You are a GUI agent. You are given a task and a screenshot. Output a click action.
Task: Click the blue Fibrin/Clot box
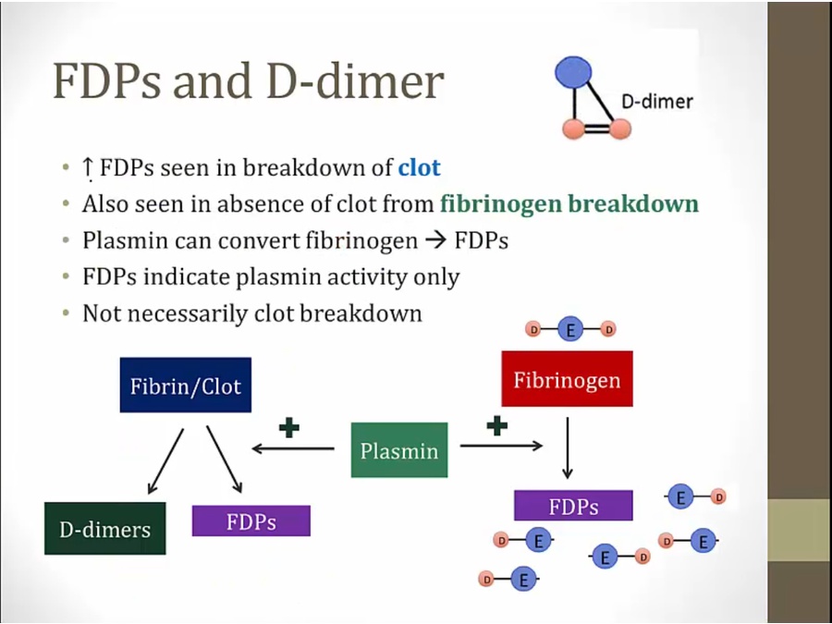point(185,385)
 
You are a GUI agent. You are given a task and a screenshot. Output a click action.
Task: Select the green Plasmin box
point(399,450)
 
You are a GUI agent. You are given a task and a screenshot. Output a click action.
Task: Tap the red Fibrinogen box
point(567,379)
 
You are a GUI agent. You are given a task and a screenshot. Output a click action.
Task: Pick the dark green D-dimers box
point(104,529)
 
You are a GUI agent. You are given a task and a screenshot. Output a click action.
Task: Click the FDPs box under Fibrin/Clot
point(251,520)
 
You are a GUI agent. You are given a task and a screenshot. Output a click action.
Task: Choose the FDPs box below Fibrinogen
point(573,506)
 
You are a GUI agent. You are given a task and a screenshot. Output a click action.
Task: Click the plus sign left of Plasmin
point(289,428)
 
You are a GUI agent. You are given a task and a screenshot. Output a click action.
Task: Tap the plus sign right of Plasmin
point(497,424)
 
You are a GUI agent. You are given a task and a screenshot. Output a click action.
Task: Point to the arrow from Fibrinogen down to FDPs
point(568,448)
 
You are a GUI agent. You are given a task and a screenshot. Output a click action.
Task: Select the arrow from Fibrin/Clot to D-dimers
point(165,460)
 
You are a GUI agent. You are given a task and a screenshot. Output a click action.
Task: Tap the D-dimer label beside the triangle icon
point(656,101)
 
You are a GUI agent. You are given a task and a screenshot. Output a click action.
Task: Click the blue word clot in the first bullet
point(419,167)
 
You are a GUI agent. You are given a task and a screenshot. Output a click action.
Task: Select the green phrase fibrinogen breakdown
point(569,203)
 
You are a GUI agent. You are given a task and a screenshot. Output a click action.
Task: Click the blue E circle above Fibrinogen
point(570,329)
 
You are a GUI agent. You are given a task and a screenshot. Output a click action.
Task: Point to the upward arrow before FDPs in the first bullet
point(88,168)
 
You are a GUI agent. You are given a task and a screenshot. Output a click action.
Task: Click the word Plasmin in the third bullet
point(122,240)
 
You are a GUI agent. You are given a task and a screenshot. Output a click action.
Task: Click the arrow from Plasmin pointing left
point(293,449)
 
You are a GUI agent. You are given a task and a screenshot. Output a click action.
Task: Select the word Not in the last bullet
point(100,312)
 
